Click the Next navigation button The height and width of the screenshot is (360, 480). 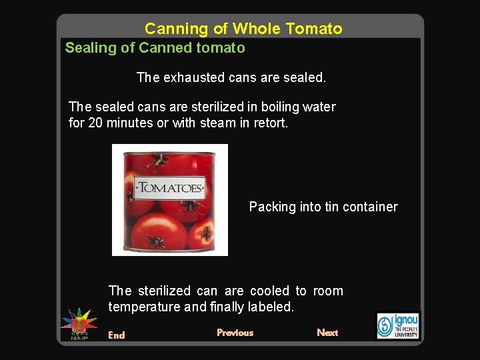(x=327, y=333)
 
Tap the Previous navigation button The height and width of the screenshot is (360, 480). (x=235, y=333)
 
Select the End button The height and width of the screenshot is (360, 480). (x=117, y=335)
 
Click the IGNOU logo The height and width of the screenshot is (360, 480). (x=398, y=325)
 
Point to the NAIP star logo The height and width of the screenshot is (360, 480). (x=79, y=323)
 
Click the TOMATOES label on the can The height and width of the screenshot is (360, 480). (x=169, y=187)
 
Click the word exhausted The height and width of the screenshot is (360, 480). (x=192, y=77)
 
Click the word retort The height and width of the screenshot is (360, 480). (x=271, y=123)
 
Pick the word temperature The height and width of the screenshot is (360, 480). (x=145, y=307)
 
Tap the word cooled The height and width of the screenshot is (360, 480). (x=270, y=291)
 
